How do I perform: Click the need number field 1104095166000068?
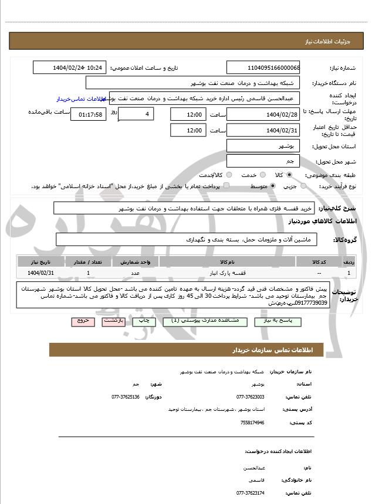point(263,68)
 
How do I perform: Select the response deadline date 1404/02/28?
point(263,114)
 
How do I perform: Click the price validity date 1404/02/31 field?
point(263,130)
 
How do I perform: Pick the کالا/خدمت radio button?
point(229,175)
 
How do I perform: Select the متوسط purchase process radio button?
point(273,186)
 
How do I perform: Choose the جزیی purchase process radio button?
point(303,186)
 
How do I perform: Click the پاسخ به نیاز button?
point(278,322)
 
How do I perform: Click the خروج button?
point(82,322)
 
